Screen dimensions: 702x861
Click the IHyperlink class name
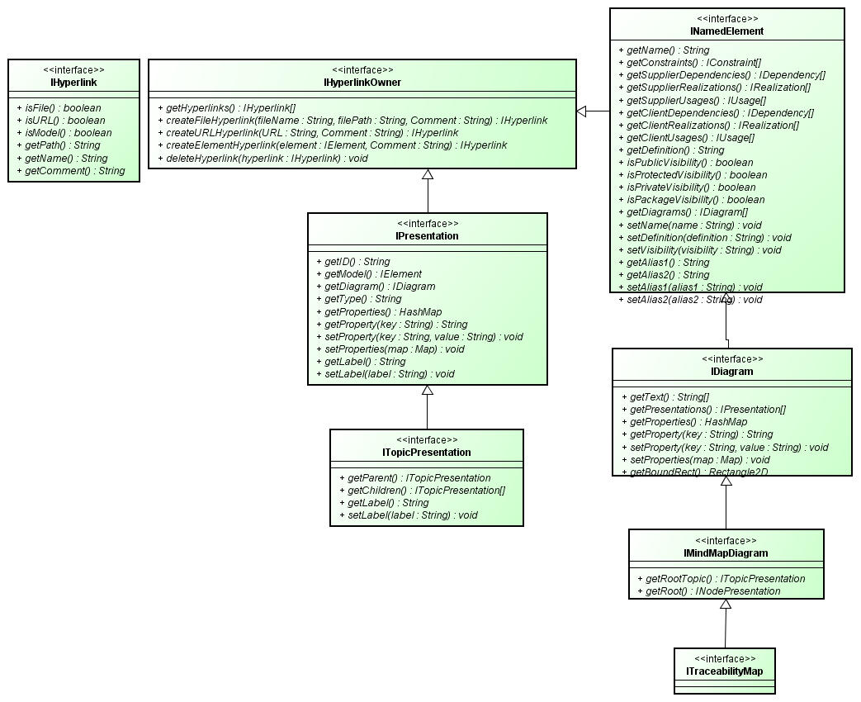[x=73, y=83]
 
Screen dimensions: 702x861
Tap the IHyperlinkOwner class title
[x=362, y=83]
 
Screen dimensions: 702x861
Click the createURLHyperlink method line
[x=312, y=133]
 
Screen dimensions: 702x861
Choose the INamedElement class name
[x=726, y=31]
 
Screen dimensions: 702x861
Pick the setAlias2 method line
[x=690, y=300]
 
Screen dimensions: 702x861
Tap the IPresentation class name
[x=427, y=236]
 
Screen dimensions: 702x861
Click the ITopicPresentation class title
[x=427, y=453]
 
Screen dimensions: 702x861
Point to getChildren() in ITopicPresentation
[x=422, y=491]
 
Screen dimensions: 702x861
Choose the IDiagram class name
[x=731, y=372]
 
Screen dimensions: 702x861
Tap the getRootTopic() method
[x=721, y=579]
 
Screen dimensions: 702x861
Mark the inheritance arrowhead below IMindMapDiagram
[x=725, y=604]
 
